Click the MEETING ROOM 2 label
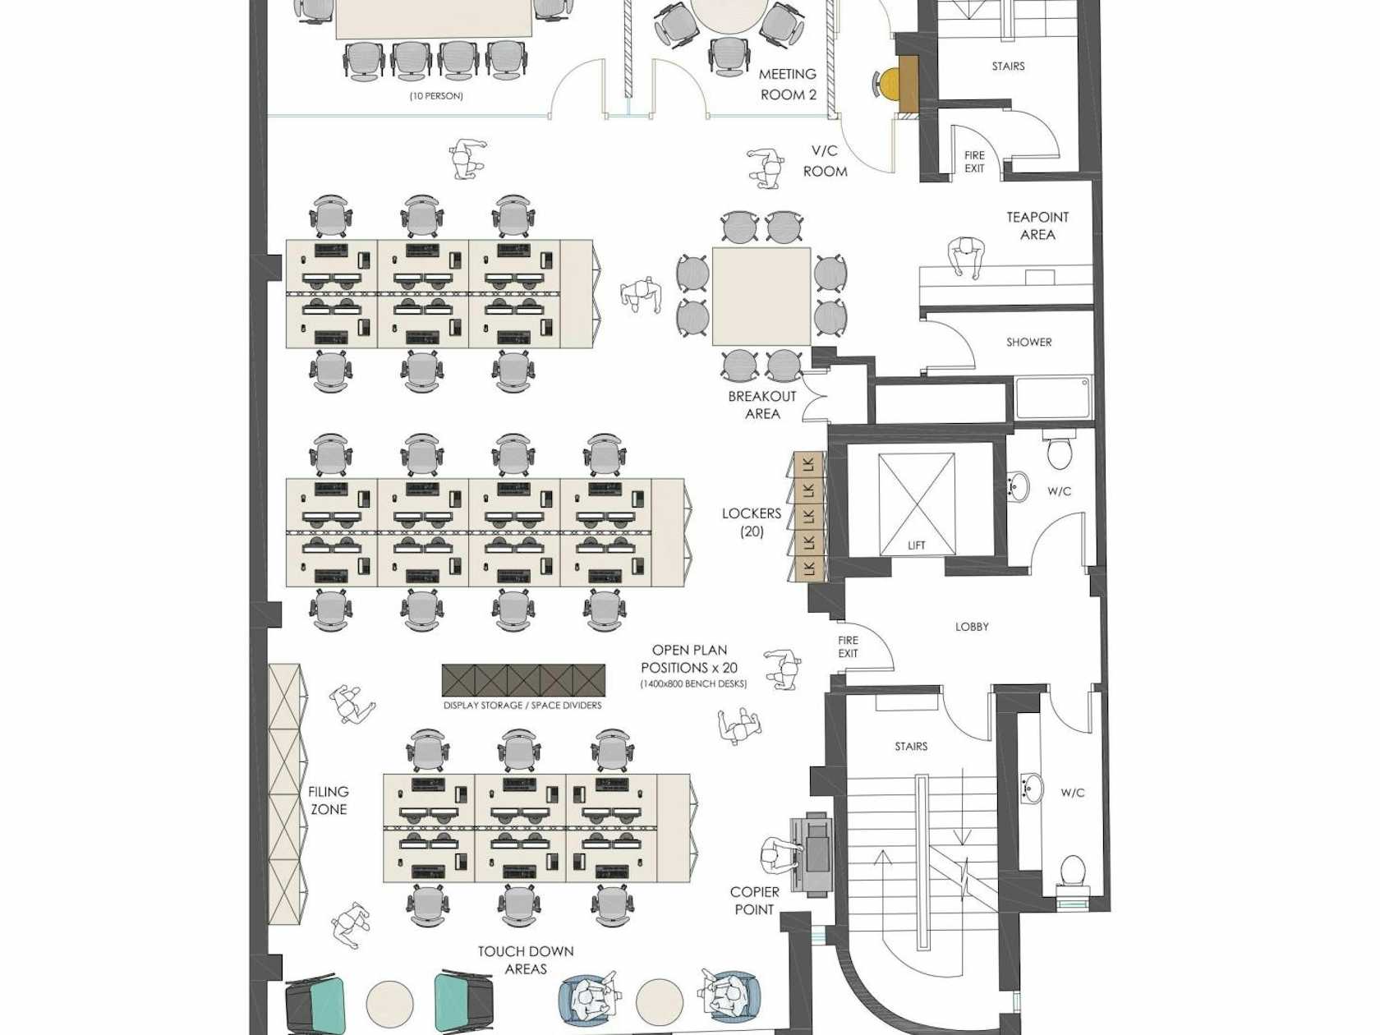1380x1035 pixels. (x=788, y=85)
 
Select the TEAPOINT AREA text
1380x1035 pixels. (x=1037, y=226)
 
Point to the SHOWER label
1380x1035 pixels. (x=1028, y=343)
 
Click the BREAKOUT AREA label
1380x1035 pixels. (x=762, y=405)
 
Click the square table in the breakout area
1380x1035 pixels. (x=761, y=296)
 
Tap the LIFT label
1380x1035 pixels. (x=916, y=545)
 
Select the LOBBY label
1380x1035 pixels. (x=972, y=627)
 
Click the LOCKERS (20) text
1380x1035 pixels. (x=752, y=522)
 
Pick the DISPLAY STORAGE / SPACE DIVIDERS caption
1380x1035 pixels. (x=522, y=705)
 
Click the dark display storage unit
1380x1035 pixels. (x=523, y=680)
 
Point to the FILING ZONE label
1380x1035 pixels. (x=329, y=800)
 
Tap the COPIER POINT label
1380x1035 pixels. (x=754, y=900)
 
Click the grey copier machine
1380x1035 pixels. (x=812, y=854)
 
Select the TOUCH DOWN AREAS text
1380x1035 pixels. (x=526, y=959)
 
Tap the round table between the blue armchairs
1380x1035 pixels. (x=660, y=1003)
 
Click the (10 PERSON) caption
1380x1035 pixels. (x=436, y=96)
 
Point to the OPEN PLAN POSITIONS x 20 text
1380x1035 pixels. (x=689, y=659)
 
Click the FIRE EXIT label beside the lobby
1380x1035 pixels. (x=848, y=646)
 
